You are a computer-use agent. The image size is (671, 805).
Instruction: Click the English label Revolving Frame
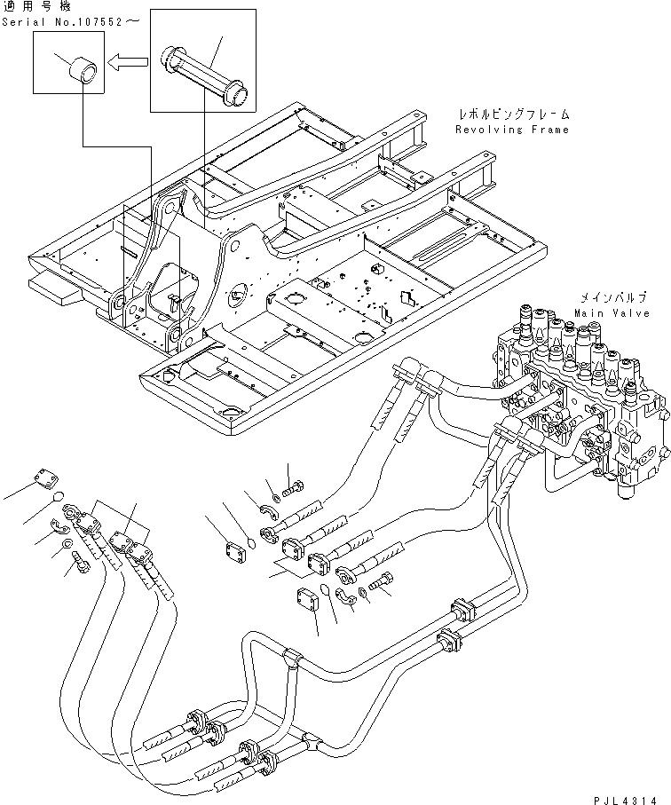point(512,130)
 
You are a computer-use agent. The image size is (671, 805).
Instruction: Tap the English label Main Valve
point(612,312)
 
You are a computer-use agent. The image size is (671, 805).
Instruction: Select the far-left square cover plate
point(51,477)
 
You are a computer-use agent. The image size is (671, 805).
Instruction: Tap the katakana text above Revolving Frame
point(513,115)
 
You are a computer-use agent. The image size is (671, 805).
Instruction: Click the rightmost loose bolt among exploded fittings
point(383,583)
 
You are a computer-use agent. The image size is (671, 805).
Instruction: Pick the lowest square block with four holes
point(306,600)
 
